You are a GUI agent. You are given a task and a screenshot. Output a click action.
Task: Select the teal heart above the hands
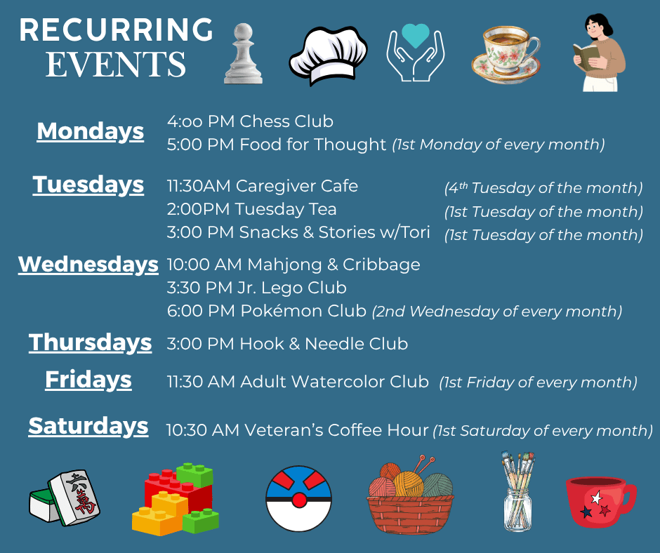click(x=416, y=35)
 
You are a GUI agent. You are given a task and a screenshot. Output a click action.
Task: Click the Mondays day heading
click(x=90, y=131)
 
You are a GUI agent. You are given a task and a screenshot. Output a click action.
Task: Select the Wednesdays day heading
click(x=88, y=265)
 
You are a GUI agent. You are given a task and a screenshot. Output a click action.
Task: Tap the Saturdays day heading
click(x=88, y=426)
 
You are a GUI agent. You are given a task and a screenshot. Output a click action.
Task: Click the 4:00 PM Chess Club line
click(x=250, y=121)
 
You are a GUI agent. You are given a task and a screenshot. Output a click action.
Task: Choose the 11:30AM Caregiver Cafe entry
click(x=263, y=186)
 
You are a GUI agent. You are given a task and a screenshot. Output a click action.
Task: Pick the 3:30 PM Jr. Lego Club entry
click(x=257, y=288)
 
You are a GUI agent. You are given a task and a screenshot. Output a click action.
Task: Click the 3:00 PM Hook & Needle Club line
click(x=287, y=344)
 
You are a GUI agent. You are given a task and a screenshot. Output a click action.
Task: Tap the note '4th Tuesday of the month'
click(x=543, y=188)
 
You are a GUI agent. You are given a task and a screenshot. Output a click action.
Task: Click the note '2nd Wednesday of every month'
click(x=496, y=311)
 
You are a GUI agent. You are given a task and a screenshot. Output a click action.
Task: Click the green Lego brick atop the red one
click(x=194, y=474)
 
